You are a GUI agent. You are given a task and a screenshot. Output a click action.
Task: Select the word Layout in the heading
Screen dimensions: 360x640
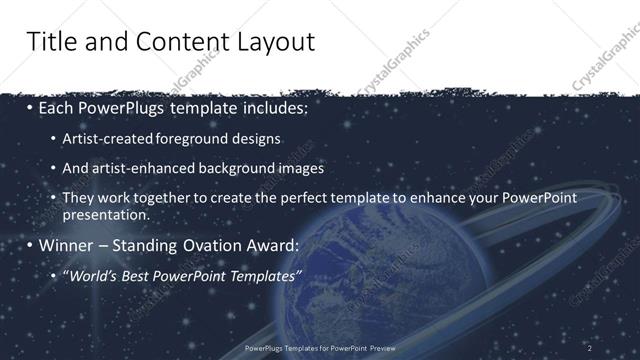(273, 42)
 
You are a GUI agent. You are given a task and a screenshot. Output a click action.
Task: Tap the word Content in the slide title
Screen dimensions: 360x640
(171, 42)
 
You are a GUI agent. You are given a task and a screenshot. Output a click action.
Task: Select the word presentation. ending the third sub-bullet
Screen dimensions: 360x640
(105, 215)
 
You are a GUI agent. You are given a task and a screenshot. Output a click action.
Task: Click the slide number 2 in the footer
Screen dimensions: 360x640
(590, 348)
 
